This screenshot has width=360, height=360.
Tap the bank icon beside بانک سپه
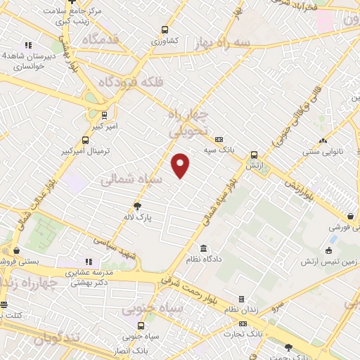tap(219, 139)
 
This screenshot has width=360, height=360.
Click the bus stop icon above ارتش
tap(254, 155)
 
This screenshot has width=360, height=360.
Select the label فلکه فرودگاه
tap(134, 82)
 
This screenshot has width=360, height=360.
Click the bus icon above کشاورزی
tap(165, 30)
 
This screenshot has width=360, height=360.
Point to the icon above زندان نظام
tap(240, 300)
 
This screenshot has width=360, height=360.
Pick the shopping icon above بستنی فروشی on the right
tap(349, 217)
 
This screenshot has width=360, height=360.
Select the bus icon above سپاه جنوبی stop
tap(141, 326)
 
